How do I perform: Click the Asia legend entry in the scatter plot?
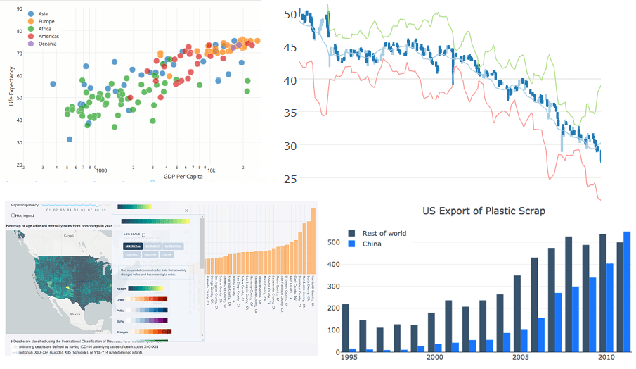click(44, 13)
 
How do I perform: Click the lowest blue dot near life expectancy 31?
click(70, 139)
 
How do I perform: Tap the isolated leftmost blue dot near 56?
click(53, 84)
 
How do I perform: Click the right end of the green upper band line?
click(601, 86)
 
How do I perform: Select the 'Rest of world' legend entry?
click(384, 233)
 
